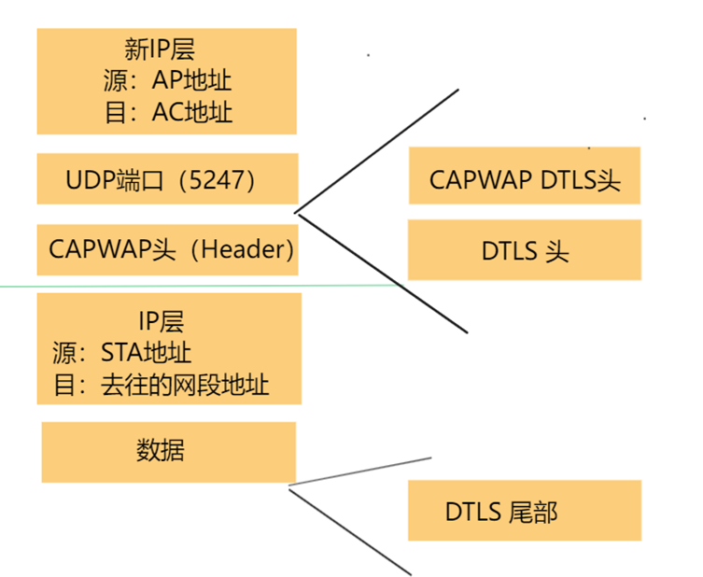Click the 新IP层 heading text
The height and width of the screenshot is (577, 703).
coord(166,48)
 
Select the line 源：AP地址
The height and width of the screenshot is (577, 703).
coord(166,80)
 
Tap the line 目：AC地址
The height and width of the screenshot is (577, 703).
coord(166,113)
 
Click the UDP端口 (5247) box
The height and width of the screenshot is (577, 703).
coord(167,178)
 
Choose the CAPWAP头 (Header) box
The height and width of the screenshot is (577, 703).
coord(167,249)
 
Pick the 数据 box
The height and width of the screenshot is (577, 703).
coord(168,452)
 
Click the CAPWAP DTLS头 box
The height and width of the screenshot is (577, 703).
coord(525,179)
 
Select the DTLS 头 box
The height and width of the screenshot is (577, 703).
coord(525,250)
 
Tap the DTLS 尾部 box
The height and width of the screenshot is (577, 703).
coord(525,511)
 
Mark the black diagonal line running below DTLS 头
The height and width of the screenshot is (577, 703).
coord(383,272)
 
